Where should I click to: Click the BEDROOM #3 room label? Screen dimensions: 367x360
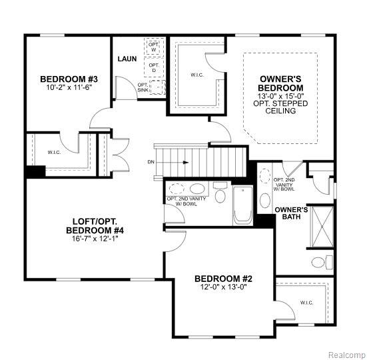click(x=69, y=79)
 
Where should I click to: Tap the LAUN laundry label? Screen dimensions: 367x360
click(x=127, y=59)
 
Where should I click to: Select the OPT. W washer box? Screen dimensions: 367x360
click(x=154, y=47)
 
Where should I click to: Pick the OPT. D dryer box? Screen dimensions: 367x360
click(x=154, y=67)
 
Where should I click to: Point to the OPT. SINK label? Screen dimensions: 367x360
click(x=143, y=87)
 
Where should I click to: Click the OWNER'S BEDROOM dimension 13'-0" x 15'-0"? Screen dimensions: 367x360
click(x=280, y=96)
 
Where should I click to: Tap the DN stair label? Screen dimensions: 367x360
click(x=151, y=162)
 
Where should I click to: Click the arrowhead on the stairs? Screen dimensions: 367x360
click(x=186, y=162)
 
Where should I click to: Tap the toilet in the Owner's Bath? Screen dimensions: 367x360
click(x=322, y=262)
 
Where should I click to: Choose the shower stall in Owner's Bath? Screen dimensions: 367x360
click(x=322, y=227)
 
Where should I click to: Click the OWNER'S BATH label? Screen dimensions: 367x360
click(x=291, y=213)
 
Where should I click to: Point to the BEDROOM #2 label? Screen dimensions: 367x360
click(x=223, y=279)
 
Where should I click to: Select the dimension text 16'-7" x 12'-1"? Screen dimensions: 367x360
click(x=95, y=239)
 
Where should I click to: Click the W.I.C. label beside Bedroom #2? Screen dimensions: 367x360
click(x=306, y=303)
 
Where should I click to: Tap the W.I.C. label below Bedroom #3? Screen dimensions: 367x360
click(x=55, y=153)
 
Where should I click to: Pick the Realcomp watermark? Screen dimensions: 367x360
click(x=347, y=355)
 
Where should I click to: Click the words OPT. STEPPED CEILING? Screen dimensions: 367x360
click(x=280, y=107)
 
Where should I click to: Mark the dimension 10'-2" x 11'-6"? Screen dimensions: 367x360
click(x=69, y=87)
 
